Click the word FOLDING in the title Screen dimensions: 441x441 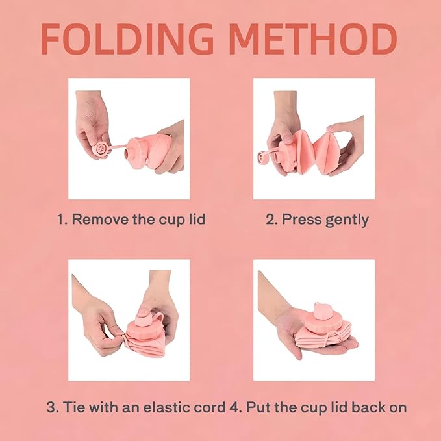tap(127, 39)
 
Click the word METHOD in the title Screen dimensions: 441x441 tap(313, 39)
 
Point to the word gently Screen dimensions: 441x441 tap(347, 220)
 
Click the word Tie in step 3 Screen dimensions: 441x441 tap(73, 407)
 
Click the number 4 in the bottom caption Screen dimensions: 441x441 tap(234, 407)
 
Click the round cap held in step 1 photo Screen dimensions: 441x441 tap(100, 148)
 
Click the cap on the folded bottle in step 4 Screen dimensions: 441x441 tap(322, 311)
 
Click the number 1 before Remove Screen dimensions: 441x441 tap(61, 219)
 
